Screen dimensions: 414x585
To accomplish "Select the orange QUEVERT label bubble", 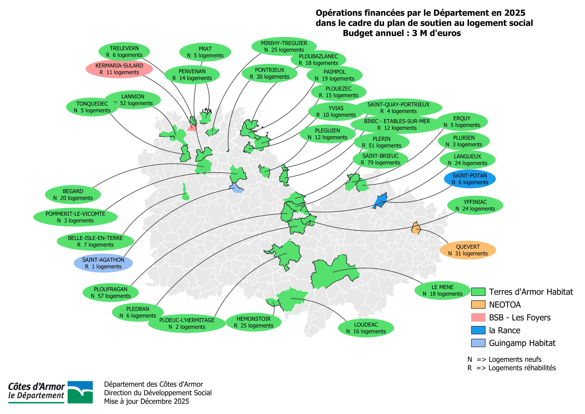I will tap(468, 250).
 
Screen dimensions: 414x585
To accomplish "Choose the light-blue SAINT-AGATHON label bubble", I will tap(103, 263).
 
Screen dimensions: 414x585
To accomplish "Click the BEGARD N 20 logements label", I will tap(73, 195).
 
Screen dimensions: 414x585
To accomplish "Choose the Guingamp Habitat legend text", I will tap(522, 343).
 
